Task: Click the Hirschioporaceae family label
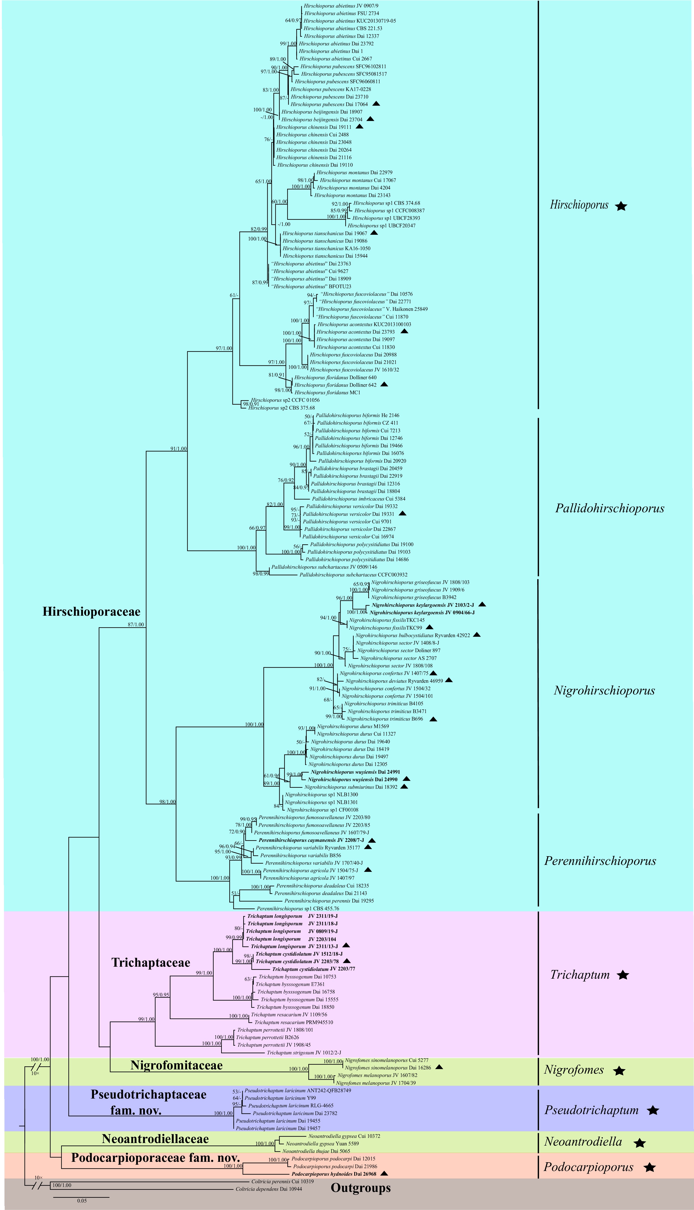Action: point(91,612)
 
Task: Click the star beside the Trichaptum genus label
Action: point(623,975)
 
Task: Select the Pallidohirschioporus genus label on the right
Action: point(610,508)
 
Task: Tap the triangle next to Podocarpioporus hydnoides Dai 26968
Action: point(384,1173)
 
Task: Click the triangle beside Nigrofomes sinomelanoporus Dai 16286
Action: point(439,1067)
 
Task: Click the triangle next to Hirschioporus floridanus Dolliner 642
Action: point(384,384)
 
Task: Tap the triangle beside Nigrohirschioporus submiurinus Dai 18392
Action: point(405,787)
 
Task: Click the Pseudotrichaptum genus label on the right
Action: point(592,1110)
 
